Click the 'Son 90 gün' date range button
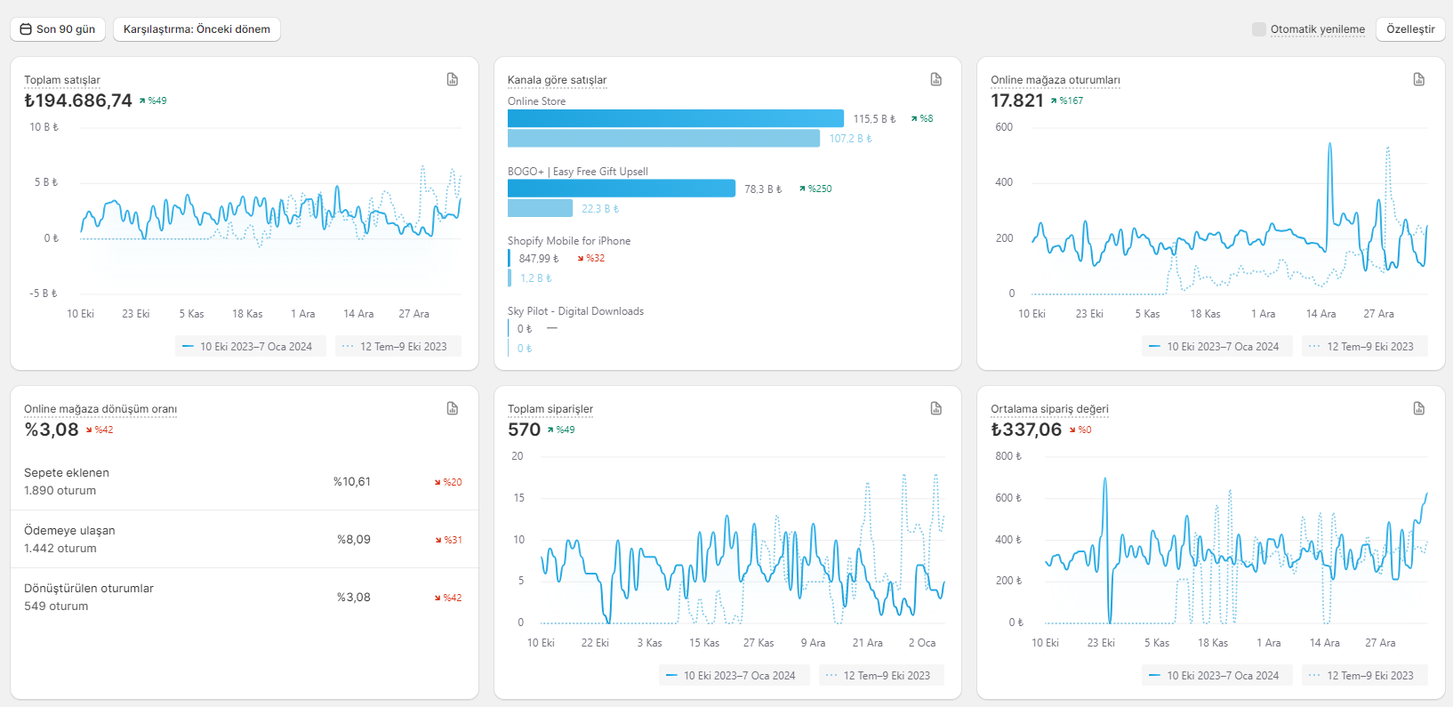pyautogui.click(x=58, y=29)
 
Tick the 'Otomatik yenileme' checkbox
pyautogui.click(x=1258, y=29)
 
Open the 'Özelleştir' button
pyautogui.click(x=1410, y=29)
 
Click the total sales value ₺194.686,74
pyautogui.click(x=78, y=100)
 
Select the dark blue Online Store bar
pyautogui.click(x=675, y=118)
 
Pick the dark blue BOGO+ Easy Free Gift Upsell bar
pyautogui.click(x=622, y=189)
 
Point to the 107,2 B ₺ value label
pyautogui.click(x=850, y=139)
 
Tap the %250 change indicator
pyautogui.click(x=815, y=189)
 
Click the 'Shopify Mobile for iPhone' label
pyautogui.click(x=569, y=241)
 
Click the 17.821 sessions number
pyautogui.click(x=1016, y=100)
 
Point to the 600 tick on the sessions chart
pyautogui.click(x=1003, y=127)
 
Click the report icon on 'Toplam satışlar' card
pyautogui.click(x=452, y=79)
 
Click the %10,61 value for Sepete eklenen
pyautogui.click(x=351, y=481)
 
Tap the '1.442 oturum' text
pyautogui.click(x=60, y=548)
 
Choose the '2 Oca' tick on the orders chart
pyautogui.click(x=922, y=643)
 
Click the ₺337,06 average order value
pyautogui.click(x=1026, y=430)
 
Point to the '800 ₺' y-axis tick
pyautogui.click(x=1008, y=456)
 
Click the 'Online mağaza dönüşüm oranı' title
pyautogui.click(x=100, y=408)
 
